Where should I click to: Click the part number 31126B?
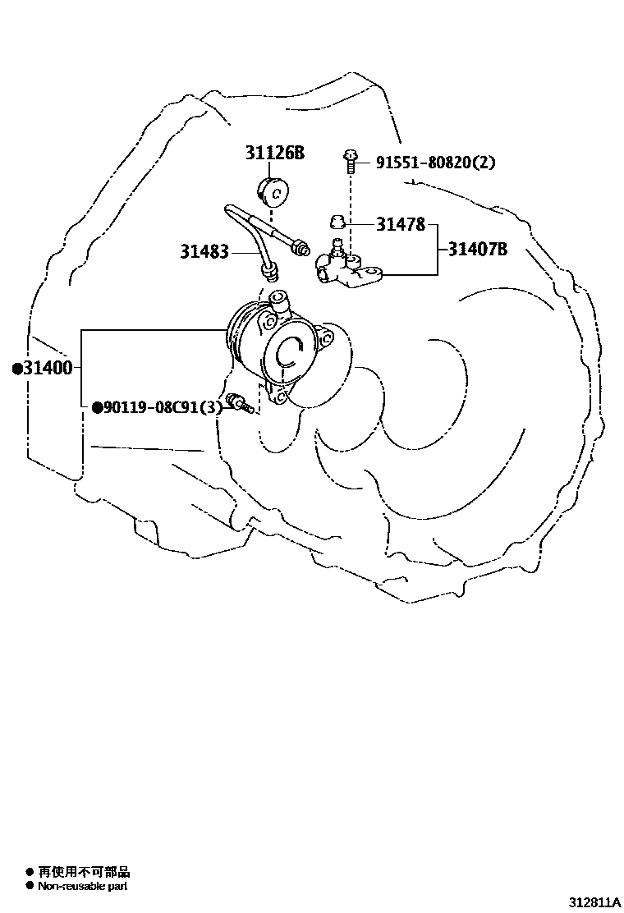274,153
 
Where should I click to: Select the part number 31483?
204,251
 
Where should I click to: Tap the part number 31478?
401,223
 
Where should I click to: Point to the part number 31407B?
477,248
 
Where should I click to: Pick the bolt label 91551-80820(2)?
435,163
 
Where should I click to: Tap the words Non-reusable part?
83,886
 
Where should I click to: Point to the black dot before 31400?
16,369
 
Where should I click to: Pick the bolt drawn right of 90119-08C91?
239,402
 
